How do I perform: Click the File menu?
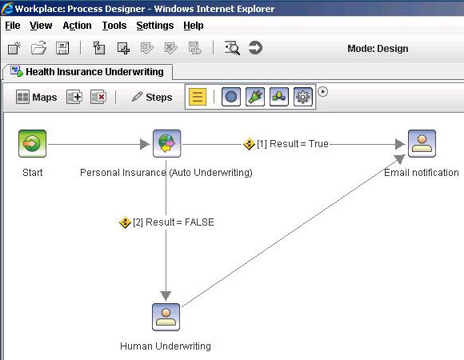tap(13, 26)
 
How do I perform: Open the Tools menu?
tap(114, 26)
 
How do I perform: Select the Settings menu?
tap(155, 26)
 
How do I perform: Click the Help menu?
tap(194, 26)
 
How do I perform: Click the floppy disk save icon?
tap(62, 48)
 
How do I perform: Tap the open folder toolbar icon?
tap(38, 48)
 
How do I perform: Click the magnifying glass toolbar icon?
tap(232, 48)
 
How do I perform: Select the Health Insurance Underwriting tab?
tap(87, 72)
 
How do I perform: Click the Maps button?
tap(36, 97)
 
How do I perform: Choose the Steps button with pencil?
tap(152, 97)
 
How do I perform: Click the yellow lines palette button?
tap(198, 97)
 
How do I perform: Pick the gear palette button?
tap(302, 97)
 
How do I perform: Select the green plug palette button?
tap(255, 97)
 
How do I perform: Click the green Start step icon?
tap(32, 143)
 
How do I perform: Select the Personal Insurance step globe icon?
tap(167, 143)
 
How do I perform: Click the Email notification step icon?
tap(422, 143)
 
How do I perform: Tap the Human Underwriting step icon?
tap(166, 317)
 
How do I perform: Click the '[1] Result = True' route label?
tap(286, 144)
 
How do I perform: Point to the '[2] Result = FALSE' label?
tap(166, 222)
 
